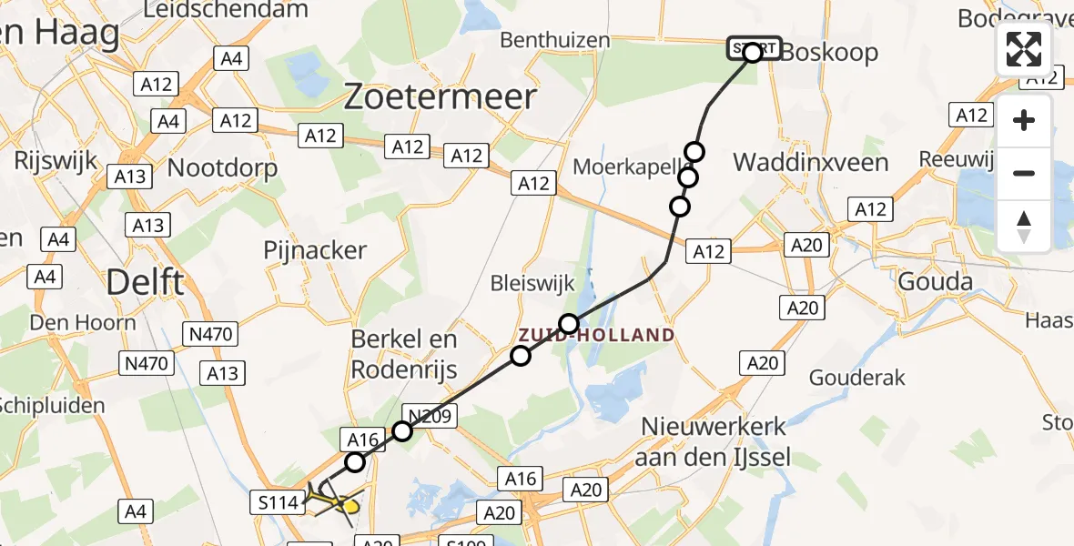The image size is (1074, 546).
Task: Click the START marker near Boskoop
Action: click(x=753, y=49)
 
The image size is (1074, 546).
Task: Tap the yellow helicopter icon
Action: click(x=333, y=499)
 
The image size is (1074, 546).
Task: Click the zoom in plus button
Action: click(x=1024, y=120)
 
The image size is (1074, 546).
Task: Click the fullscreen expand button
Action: click(x=1024, y=49)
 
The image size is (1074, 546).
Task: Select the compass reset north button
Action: click(x=1024, y=226)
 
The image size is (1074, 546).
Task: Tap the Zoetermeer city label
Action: click(x=440, y=96)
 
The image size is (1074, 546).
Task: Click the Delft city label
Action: click(x=145, y=282)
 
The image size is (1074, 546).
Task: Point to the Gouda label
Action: click(x=935, y=281)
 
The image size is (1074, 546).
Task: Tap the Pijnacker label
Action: click(x=314, y=250)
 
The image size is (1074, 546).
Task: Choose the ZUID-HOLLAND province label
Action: click(x=597, y=335)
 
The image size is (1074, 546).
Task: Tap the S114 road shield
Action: click(x=275, y=501)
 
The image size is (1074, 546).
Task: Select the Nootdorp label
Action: click(x=222, y=167)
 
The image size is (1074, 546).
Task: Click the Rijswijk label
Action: click(x=56, y=161)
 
